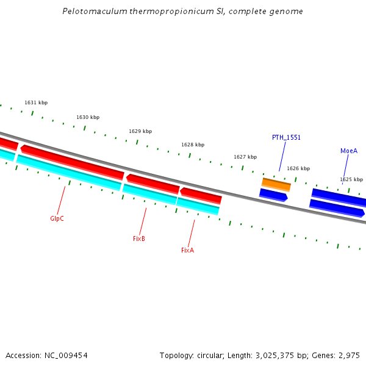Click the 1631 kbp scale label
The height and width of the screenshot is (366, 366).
[x=36, y=102]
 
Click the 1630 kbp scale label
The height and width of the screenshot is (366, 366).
[x=88, y=117]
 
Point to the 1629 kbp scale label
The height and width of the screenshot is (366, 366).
[x=140, y=131]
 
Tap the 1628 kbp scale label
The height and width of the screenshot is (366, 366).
[x=193, y=145]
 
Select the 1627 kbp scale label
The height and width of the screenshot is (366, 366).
[x=245, y=157]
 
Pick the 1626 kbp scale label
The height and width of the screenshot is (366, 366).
[x=298, y=168]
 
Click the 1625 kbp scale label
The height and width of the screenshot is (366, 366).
[x=351, y=179]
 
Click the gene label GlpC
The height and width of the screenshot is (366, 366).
[x=57, y=218]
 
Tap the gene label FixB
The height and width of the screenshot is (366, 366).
[x=139, y=239]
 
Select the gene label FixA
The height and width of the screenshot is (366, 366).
[x=187, y=250]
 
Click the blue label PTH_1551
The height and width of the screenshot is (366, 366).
[x=286, y=137]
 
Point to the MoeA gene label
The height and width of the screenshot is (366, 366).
[x=349, y=151]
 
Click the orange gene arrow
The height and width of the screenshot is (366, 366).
[x=276, y=184]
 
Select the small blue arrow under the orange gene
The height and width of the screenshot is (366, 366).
[x=273, y=195]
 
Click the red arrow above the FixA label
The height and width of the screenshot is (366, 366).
[x=201, y=195]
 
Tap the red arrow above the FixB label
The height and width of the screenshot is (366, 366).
[x=153, y=183]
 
